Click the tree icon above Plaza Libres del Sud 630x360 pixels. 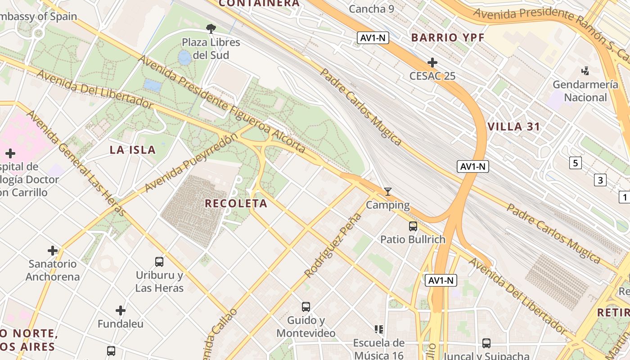coord(211,29)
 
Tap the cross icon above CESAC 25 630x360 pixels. coord(432,62)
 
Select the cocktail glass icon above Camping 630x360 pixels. coord(387,192)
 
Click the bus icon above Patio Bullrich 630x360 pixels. coord(413,226)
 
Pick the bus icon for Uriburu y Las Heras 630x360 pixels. coord(159,261)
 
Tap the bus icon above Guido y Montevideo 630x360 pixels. coord(306,307)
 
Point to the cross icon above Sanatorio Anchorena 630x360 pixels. coord(53,250)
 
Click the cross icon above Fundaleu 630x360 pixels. coord(120,310)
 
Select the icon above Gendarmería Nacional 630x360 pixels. coord(585,71)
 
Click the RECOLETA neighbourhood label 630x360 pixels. coord(236,203)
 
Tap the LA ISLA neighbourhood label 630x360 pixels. coord(133,150)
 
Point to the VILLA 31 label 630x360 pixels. coord(513,127)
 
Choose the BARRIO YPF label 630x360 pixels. coord(448,38)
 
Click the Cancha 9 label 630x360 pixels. coord(368,9)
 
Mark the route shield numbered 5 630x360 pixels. coord(575,162)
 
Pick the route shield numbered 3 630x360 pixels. coord(600,180)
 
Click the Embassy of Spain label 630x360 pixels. coord(38,17)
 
